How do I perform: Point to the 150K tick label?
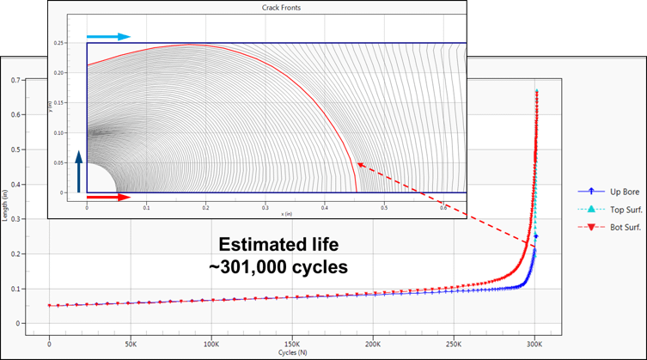(x=292, y=342)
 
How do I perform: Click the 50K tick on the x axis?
(x=131, y=342)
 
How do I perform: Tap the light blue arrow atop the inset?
(x=108, y=37)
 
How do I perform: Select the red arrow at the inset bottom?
(x=108, y=198)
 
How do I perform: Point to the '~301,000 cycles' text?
(x=278, y=268)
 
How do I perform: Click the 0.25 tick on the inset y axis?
(x=59, y=42)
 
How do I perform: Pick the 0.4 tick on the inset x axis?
(x=325, y=206)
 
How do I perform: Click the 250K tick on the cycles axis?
(x=455, y=342)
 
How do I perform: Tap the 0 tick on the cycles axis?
(x=50, y=342)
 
